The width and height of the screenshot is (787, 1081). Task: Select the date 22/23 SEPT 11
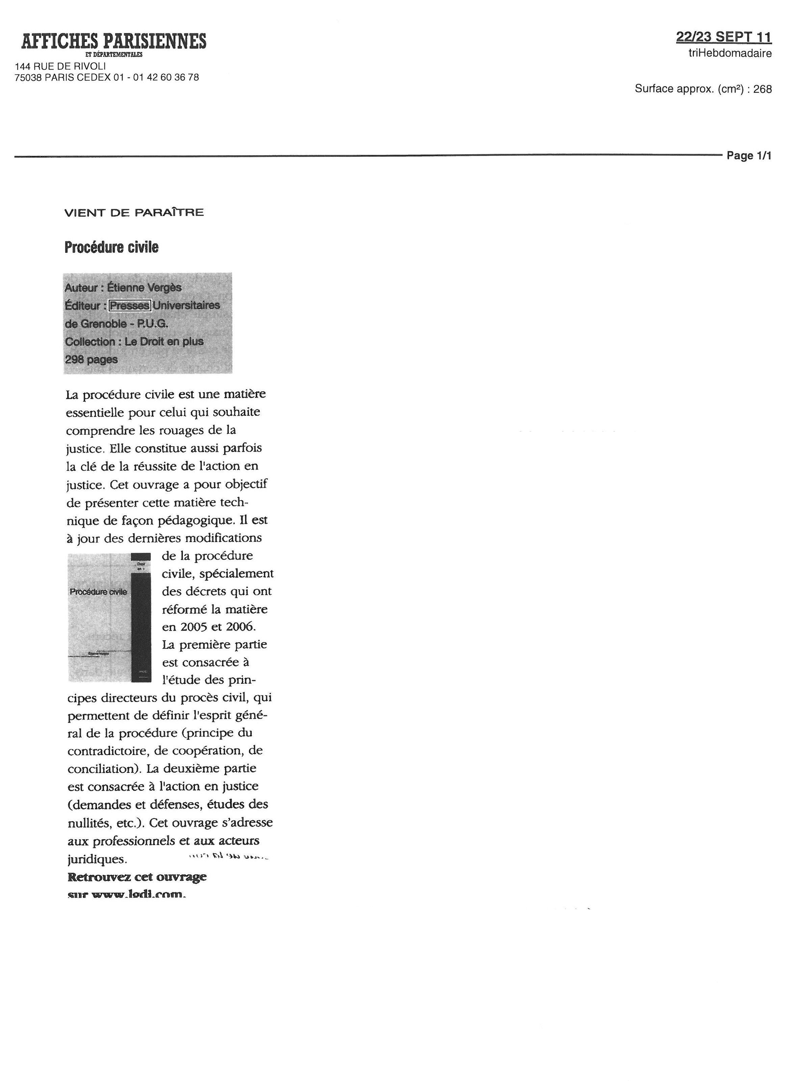(723, 37)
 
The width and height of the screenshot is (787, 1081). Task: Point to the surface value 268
(762, 89)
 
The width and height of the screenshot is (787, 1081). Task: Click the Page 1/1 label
(749, 156)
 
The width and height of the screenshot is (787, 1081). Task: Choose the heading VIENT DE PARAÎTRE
(134, 213)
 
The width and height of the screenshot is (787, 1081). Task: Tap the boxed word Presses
(130, 305)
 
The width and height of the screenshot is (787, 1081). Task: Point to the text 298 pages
(91, 359)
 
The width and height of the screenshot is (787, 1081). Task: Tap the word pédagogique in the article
(194, 520)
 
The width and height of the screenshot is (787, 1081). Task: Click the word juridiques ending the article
(97, 859)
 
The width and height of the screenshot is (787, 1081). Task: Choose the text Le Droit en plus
(164, 342)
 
